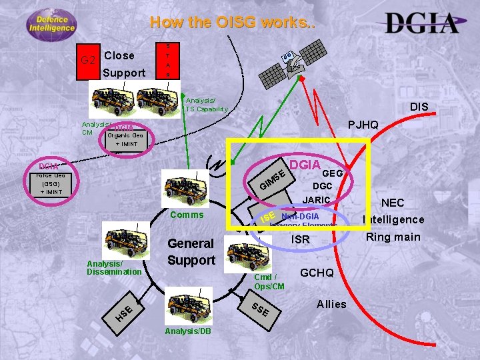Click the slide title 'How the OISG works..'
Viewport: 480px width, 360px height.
point(233,22)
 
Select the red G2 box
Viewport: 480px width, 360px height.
point(87,62)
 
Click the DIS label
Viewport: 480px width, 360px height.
point(419,107)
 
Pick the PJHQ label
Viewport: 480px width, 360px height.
point(363,125)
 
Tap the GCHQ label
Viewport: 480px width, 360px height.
point(321,273)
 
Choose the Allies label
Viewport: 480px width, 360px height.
point(331,304)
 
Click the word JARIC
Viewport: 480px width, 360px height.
point(317,199)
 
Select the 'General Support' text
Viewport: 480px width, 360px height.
point(191,251)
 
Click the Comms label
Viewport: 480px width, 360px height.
point(187,215)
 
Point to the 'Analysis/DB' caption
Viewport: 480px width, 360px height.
point(186,331)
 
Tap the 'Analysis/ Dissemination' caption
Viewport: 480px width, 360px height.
point(114,267)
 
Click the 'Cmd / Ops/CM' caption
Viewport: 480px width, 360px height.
point(269,281)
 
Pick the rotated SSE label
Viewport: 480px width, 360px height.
point(260,309)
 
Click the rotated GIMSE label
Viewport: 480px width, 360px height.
point(273,179)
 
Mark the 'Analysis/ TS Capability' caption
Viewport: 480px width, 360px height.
point(207,105)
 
